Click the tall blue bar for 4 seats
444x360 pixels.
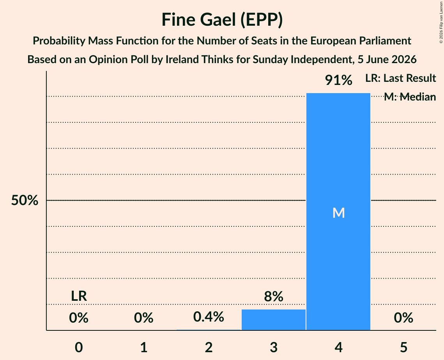338,212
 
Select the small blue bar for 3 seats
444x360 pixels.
274,320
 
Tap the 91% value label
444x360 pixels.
338,80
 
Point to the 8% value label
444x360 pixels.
274,296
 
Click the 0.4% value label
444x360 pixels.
209,317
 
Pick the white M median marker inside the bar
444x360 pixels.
338,213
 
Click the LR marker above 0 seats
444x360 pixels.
79,296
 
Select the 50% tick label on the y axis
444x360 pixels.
25,200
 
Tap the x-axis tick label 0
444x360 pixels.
79,347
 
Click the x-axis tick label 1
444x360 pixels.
144,347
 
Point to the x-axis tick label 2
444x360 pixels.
209,347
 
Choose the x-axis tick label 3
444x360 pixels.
274,347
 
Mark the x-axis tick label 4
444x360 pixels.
338,347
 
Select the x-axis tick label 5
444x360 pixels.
403,347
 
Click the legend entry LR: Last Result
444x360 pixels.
400,78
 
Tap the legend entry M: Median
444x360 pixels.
410,97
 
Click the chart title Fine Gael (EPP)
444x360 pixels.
222,20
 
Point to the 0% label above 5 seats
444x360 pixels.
403,318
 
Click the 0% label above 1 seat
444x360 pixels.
144,318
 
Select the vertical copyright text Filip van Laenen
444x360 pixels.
441,22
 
